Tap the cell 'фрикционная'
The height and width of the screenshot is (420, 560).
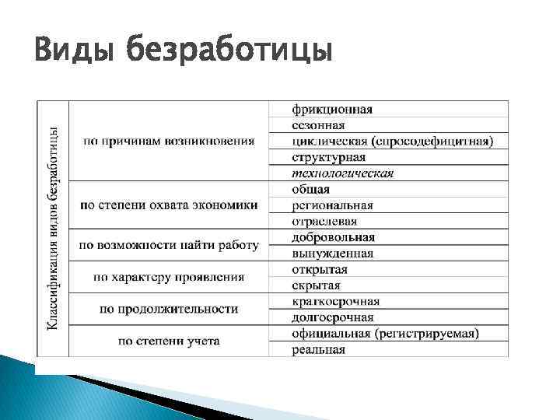tap(332, 109)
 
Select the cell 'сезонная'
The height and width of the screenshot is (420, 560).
tap(319, 125)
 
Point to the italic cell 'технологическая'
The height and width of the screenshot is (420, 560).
tap(343, 173)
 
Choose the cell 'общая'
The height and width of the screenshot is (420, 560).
tap(311, 189)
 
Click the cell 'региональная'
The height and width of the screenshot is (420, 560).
tap(333, 205)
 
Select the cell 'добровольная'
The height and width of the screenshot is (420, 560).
tap(334, 237)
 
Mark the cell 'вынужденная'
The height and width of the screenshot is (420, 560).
tap(333, 254)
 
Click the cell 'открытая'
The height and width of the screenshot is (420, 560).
tap(320, 269)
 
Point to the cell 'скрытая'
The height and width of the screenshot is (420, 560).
tap(317, 285)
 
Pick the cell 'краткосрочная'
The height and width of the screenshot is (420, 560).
tap(336, 302)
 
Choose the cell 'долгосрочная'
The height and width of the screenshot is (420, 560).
tap(333, 317)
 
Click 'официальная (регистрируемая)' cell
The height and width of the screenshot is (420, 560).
tap(386, 334)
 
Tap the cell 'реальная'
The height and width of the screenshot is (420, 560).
tap(319, 350)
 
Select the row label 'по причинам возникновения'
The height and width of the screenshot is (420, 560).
tap(169, 142)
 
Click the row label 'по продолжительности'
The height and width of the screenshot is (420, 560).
tap(169, 310)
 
